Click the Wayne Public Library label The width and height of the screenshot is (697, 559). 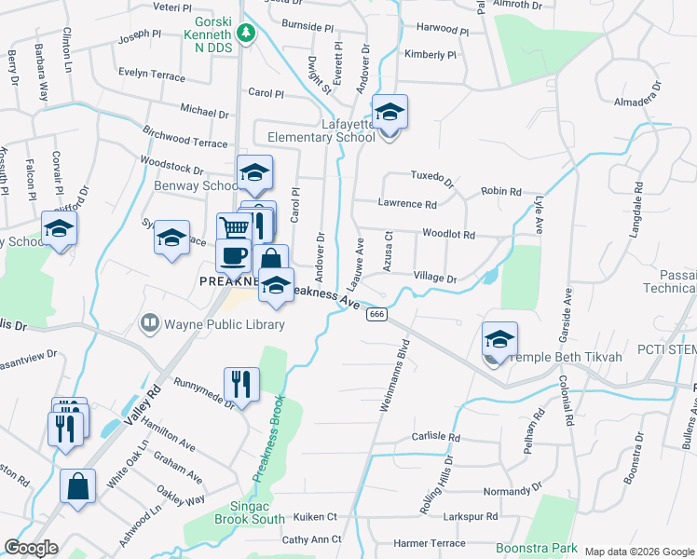pyautogui.click(x=225, y=324)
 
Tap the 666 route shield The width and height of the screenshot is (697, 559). pyautogui.click(x=376, y=315)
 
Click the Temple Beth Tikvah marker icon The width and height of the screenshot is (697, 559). pyautogui.click(x=499, y=340)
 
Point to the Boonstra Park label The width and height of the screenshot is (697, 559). pyautogui.click(x=536, y=548)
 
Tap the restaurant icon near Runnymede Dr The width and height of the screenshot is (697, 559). pyautogui.click(x=241, y=383)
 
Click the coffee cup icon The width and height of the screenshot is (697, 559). pyautogui.click(x=233, y=254)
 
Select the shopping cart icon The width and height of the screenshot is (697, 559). pyautogui.click(x=235, y=228)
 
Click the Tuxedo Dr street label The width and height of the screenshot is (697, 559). pyautogui.click(x=432, y=177)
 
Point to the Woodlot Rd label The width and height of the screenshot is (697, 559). pyautogui.click(x=448, y=235)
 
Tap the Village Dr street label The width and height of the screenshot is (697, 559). pyautogui.click(x=435, y=279)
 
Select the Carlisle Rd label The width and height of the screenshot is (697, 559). pyautogui.click(x=436, y=437)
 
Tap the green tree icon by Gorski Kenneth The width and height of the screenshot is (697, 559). pyautogui.click(x=246, y=35)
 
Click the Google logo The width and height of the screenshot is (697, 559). pyautogui.click(x=31, y=548)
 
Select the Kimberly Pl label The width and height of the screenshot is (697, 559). pyautogui.click(x=430, y=55)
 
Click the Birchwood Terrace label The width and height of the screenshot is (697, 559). pyautogui.click(x=185, y=137)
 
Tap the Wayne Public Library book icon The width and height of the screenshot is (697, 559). pyautogui.click(x=148, y=323)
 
